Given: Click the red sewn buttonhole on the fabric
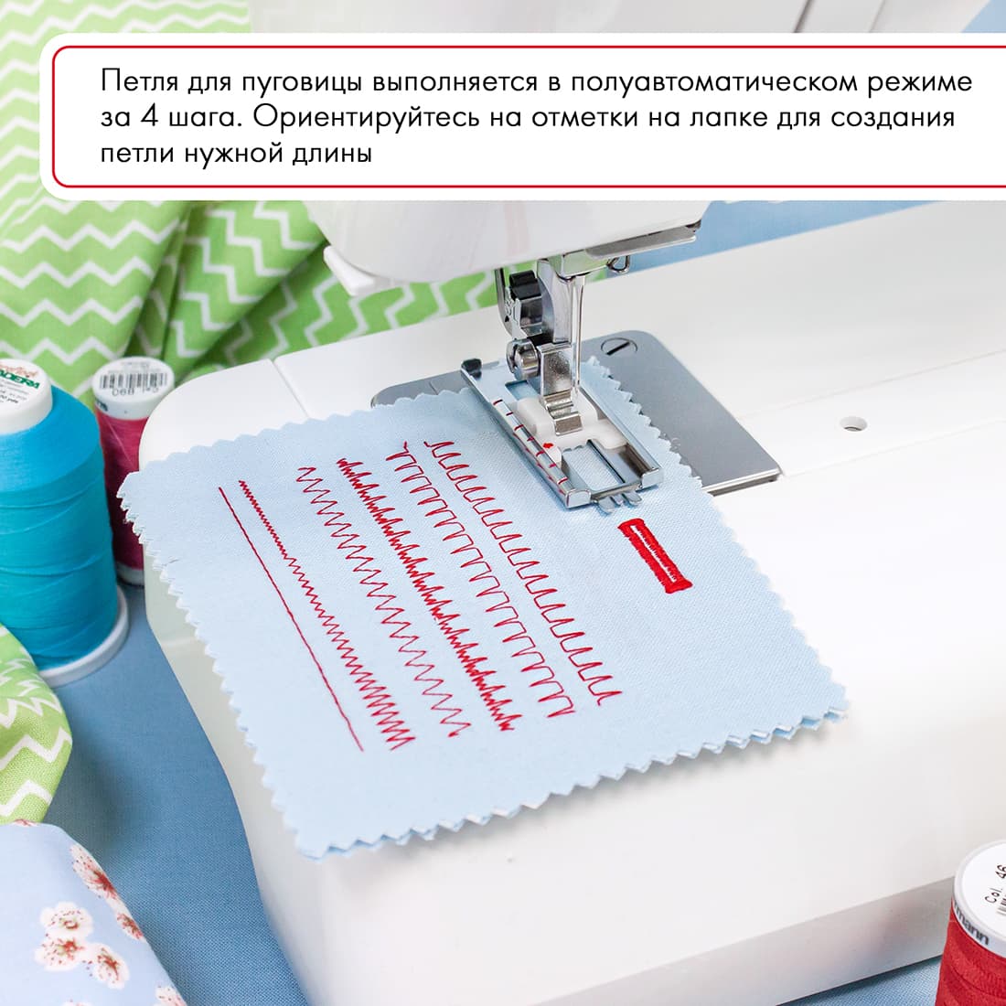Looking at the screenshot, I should [654, 555].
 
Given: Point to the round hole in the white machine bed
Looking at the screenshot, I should [853, 423].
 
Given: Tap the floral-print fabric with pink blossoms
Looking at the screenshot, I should [82, 924].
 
